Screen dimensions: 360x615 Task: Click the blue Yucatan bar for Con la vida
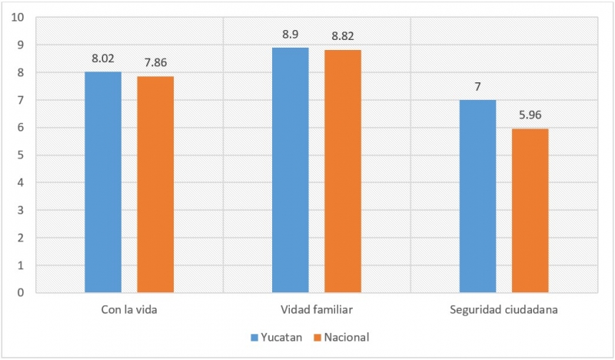(103, 182)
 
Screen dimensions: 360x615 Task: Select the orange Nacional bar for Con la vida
(155, 185)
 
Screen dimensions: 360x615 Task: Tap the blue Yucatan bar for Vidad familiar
(291, 170)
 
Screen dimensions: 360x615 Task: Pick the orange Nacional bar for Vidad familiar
(343, 172)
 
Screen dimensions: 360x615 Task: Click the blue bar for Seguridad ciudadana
(478, 196)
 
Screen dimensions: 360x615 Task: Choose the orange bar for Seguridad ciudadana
(530, 211)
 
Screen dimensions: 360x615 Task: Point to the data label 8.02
(103, 57)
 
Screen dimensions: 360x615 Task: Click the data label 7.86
(155, 62)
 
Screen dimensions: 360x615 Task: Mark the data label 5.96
(530, 114)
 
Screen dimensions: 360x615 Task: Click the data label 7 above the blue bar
(478, 85)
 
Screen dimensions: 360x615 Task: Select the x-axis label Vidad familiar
(317, 310)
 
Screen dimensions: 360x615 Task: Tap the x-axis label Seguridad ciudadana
(504, 310)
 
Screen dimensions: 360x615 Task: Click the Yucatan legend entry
(280, 337)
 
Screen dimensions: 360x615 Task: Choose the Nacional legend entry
(347, 337)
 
